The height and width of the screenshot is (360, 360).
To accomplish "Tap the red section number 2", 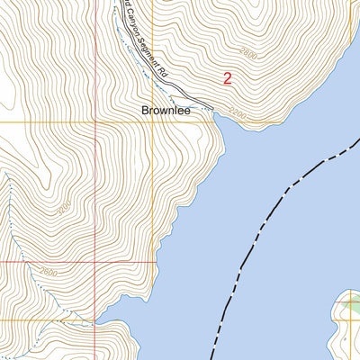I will [227, 79].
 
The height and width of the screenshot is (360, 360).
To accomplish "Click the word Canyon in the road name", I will [136, 32].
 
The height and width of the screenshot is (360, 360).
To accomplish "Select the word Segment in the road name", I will [154, 55].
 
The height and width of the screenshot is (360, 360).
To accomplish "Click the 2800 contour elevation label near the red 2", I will [248, 55].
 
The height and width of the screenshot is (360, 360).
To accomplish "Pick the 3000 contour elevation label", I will [64, 207].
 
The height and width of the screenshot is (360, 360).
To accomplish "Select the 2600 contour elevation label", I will [49, 271].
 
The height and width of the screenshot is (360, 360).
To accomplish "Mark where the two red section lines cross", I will [96, 262].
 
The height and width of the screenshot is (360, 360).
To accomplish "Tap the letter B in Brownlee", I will [146, 111].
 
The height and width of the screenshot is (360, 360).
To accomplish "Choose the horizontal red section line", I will [45, 262].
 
